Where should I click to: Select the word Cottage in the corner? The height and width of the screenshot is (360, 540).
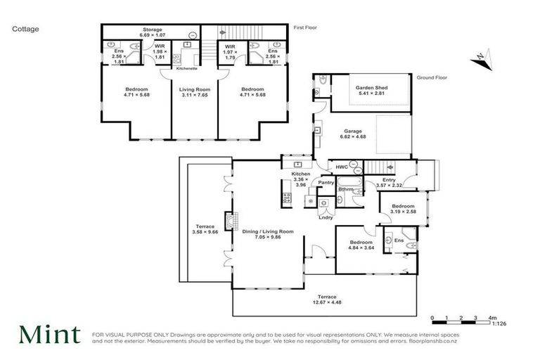tap(25, 30)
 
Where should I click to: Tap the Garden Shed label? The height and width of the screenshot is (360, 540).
tap(372, 90)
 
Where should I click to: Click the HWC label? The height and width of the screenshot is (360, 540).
tap(342, 167)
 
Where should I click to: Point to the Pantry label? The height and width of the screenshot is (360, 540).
tap(326, 182)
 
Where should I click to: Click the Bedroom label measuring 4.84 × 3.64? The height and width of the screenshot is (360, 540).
tap(359, 245)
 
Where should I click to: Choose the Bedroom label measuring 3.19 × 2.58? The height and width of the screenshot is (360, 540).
tap(403, 208)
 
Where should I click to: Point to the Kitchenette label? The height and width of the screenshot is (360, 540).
tap(186, 69)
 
